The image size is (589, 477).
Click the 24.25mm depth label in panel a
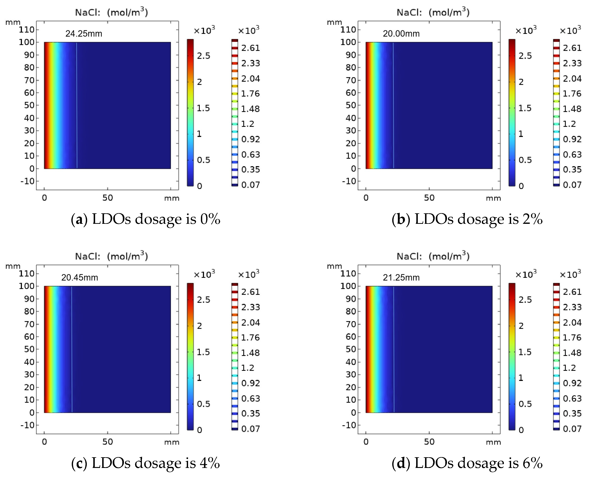click(84, 34)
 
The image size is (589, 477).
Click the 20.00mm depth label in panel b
click(401, 34)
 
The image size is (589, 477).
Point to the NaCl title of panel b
click(433, 12)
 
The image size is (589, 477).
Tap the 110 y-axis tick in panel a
click(26, 30)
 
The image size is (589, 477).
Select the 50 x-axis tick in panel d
click(429, 442)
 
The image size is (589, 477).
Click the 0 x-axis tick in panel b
click(366, 198)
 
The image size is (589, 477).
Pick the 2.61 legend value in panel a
click(250, 48)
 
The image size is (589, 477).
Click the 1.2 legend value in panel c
click(247, 368)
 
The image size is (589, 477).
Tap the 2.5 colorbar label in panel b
click(525, 56)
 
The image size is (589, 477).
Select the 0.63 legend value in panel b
click(572, 155)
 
